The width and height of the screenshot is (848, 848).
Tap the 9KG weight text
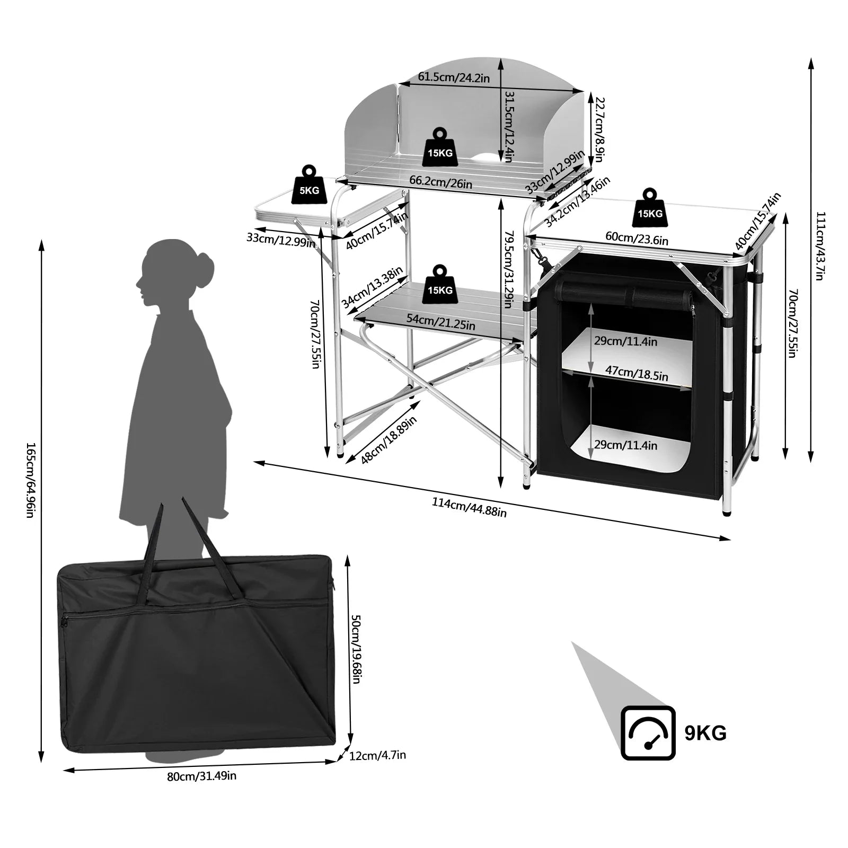(705, 733)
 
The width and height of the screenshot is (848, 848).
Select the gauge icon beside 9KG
(648, 733)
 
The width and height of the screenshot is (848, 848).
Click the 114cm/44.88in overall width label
(469, 507)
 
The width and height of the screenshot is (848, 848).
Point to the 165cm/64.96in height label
(30, 480)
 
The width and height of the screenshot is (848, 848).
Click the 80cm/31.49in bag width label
(201, 776)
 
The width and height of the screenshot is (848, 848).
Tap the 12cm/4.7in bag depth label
(377, 755)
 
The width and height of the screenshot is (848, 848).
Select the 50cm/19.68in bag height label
(357, 649)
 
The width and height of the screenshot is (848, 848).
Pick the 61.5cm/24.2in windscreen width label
(453, 77)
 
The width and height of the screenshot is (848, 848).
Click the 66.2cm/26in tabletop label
(440, 183)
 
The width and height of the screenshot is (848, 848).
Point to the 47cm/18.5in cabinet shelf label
(636, 373)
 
